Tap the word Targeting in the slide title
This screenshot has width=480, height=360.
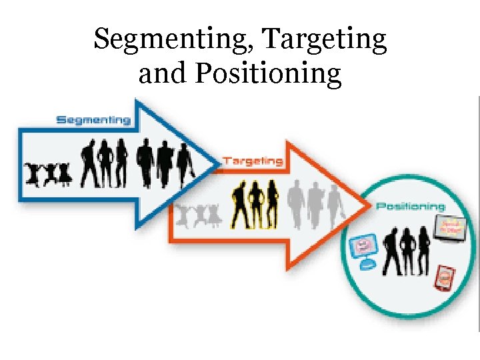pos(325,40)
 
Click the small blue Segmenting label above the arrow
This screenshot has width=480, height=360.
pos(93,120)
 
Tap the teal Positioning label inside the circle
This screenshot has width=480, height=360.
pos(411,207)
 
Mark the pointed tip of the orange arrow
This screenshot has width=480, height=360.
pos(368,205)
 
